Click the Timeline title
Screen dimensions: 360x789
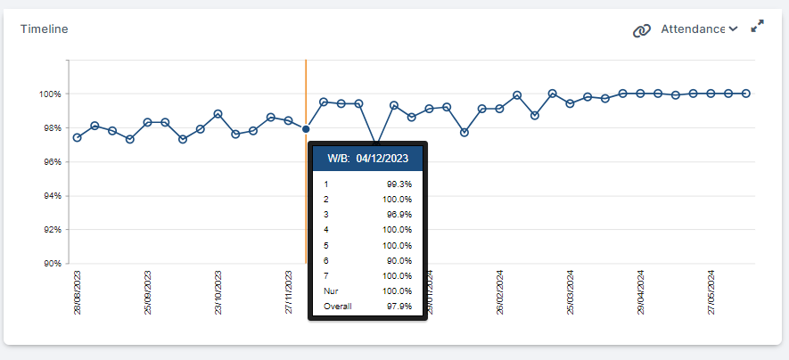coord(45,29)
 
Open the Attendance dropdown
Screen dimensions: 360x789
coord(699,29)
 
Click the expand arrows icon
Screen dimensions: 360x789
coord(757,27)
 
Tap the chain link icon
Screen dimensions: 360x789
coord(641,30)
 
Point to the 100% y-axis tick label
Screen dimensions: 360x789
coord(49,94)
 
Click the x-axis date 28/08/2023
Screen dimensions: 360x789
coord(78,292)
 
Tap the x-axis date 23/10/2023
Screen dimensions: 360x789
coord(219,292)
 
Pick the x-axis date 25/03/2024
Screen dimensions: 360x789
coord(571,292)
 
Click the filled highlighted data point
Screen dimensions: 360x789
coord(306,129)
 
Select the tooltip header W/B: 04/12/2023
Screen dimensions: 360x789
coord(367,159)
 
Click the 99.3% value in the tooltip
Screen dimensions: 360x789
coord(399,184)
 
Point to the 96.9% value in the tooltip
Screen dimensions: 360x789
coord(399,215)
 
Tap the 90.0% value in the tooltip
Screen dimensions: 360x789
coord(399,260)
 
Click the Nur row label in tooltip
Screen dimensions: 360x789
coord(331,291)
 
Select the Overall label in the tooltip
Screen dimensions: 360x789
coord(338,307)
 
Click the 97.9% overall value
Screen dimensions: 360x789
coord(399,307)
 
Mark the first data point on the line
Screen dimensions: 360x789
coord(78,137)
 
